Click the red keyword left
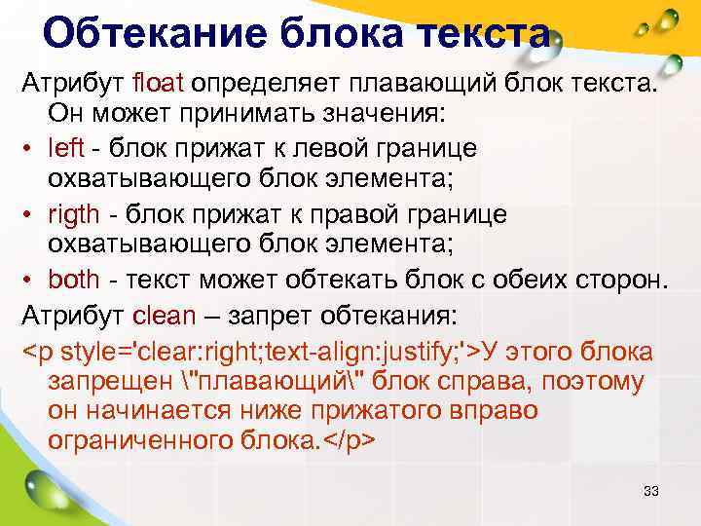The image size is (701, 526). tap(66, 147)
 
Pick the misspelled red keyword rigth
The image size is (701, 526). tap(73, 214)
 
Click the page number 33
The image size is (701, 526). tap(651, 491)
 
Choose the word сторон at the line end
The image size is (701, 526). tap(620, 282)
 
